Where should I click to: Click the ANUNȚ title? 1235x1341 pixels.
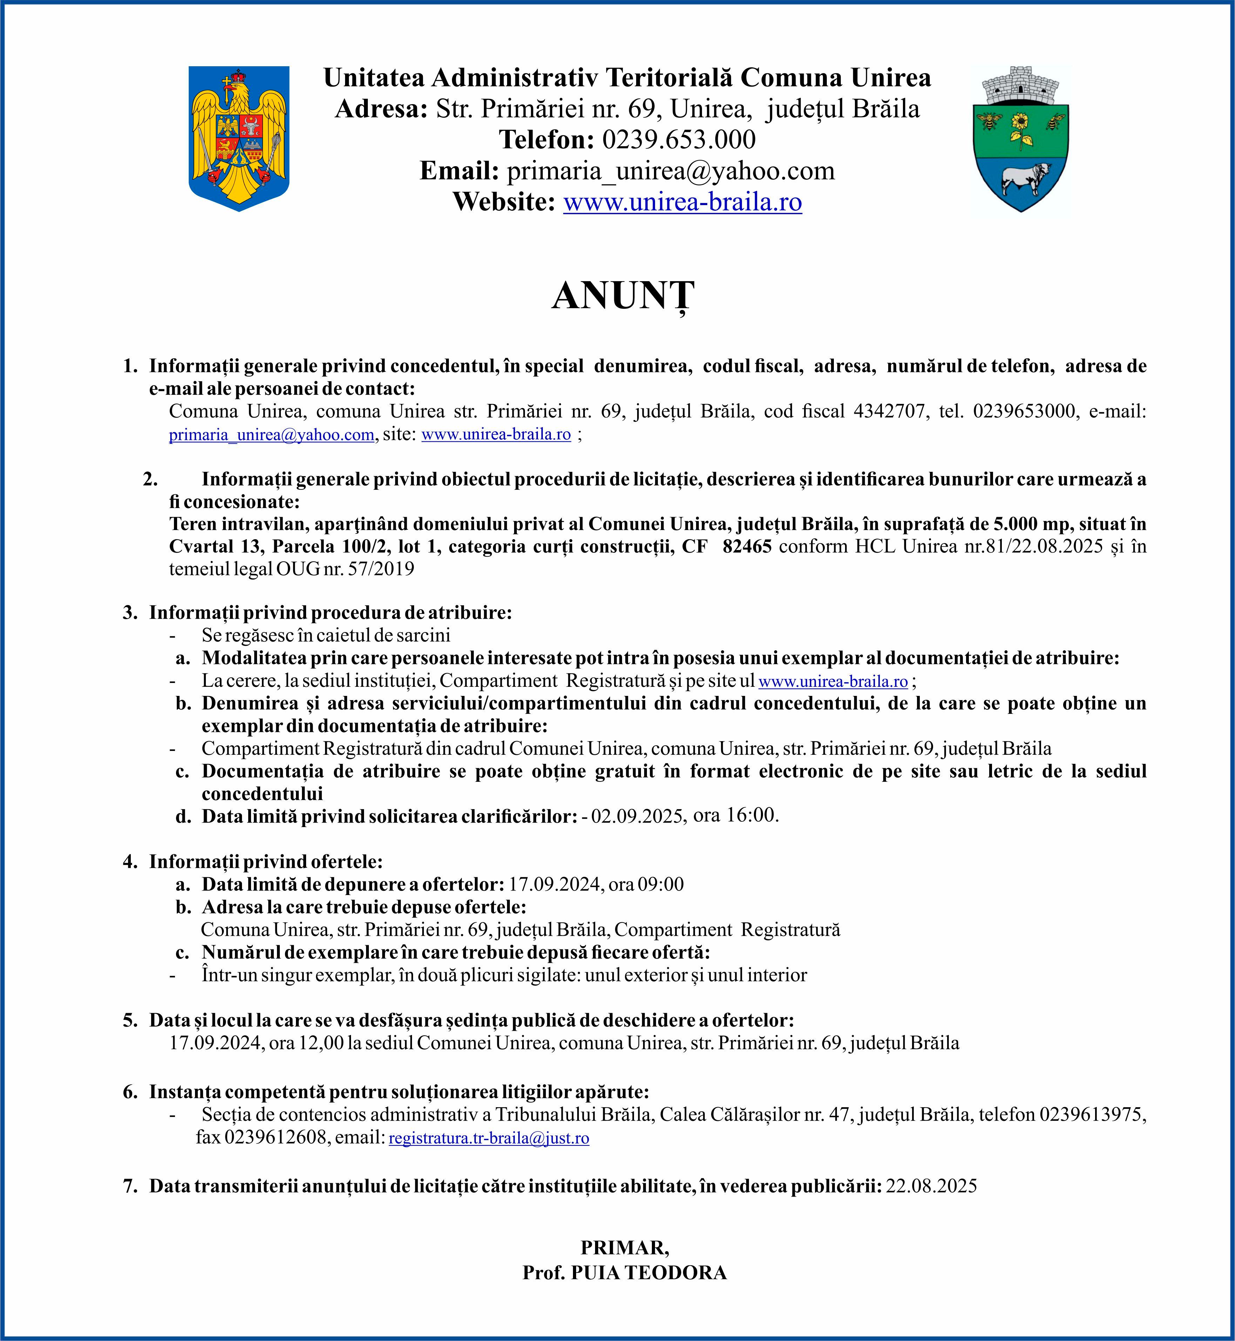[x=623, y=296]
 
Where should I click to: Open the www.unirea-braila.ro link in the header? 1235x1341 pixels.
[x=682, y=202]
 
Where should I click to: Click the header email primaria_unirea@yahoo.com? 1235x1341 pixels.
[x=670, y=171]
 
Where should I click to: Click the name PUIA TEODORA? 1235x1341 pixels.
[x=648, y=1273]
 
